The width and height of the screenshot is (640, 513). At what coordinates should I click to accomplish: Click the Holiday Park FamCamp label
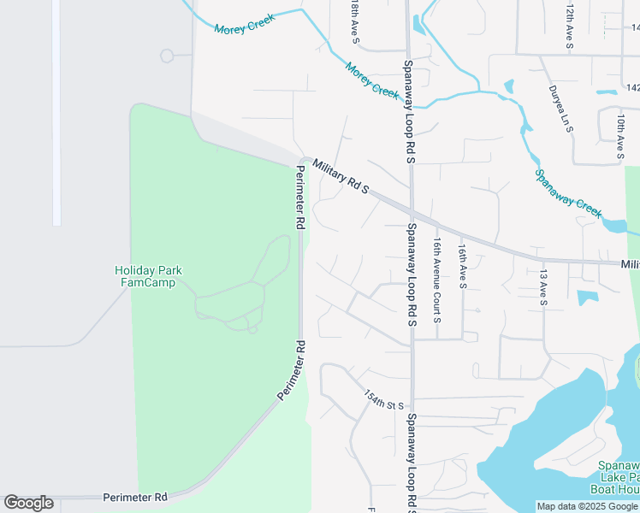149,276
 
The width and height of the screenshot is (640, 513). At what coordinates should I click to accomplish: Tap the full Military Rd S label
340,175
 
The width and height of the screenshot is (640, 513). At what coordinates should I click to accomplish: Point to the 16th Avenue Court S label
436,280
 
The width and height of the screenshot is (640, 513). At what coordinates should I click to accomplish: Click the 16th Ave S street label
461,266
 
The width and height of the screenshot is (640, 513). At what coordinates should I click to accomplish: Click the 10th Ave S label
619,138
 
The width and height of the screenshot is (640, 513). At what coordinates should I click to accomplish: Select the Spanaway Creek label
568,193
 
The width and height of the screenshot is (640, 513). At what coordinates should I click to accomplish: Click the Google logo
28,503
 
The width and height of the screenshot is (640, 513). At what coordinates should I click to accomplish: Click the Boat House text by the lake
614,489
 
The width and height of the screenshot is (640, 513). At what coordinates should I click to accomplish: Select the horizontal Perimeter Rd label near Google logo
134,497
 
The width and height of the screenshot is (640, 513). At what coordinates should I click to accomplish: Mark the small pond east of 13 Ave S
587,298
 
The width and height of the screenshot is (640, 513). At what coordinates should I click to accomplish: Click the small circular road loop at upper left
167,56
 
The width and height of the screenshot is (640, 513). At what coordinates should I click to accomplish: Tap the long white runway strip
56,111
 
